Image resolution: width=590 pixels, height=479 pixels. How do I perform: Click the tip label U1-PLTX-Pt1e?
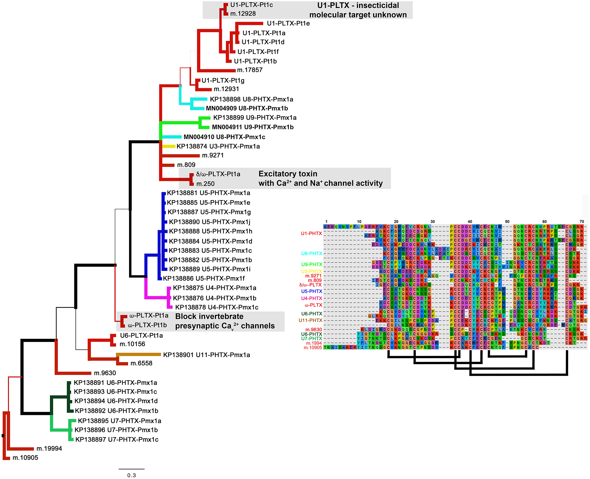tap(288, 24)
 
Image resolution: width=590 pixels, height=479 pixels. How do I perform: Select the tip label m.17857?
tap(250, 70)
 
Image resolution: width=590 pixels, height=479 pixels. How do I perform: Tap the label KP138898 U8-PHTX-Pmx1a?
tap(252, 99)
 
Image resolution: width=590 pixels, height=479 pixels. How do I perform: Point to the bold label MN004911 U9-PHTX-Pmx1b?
tap(253, 127)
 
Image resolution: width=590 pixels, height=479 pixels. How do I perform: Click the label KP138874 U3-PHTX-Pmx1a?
tap(218, 146)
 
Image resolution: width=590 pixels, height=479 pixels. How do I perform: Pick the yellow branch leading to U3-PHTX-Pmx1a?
tap(169, 146)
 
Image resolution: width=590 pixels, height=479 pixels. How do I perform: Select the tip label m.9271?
tap(213, 155)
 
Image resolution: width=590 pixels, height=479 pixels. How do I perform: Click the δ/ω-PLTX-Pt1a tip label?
tap(218, 174)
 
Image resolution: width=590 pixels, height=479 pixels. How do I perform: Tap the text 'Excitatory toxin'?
tap(288, 174)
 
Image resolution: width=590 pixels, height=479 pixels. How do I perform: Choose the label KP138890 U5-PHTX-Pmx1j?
tap(209, 222)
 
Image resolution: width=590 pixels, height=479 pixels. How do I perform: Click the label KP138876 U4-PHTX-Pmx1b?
tap(214, 298)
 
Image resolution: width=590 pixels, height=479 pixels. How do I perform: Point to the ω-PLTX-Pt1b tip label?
tap(147, 325)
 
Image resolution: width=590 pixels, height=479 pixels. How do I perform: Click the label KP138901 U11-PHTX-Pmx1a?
tap(207, 355)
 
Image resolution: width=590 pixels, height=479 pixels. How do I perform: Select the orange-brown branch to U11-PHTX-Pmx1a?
tap(138, 355)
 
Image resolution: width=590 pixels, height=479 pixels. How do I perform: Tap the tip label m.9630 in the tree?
tap(105, 373)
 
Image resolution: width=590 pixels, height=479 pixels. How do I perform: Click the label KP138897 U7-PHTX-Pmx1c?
tap(117, 440)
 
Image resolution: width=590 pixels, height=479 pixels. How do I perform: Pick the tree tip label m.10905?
tap(25, 458)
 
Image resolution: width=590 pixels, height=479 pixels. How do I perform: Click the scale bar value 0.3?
tap(132, 475)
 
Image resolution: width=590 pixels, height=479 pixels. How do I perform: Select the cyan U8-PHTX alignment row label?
tap(311, 253)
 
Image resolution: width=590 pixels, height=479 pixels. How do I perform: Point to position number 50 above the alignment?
tap(507, 222)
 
